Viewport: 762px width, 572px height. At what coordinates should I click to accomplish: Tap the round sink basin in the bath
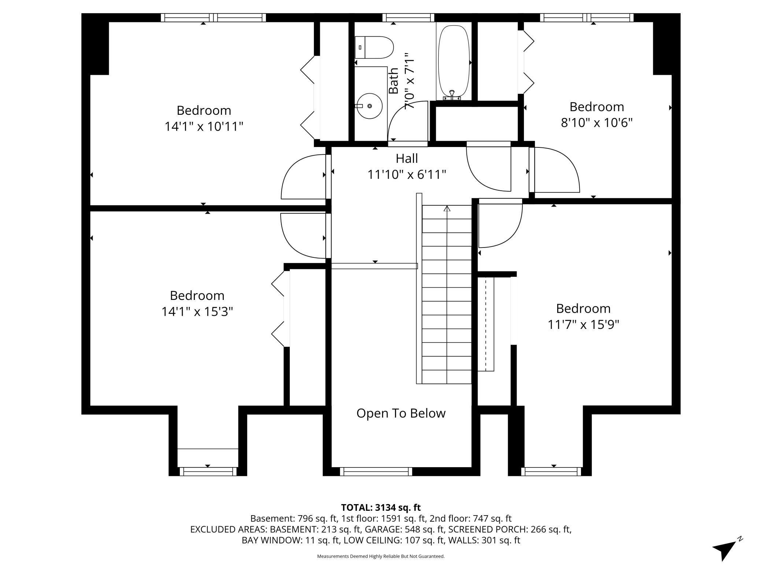pyautogui.click(x=369, y=106)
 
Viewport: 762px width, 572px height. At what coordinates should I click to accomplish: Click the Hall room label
pyautogui.click(x=407, y=159)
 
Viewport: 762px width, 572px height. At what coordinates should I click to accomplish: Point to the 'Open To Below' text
pyautogui.click(x=401, y=413)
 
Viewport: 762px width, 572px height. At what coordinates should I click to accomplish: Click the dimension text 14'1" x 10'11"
pyautogui.click(x=204, y=126)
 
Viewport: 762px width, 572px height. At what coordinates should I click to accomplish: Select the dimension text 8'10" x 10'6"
pyautogui.click(x=597, y=122)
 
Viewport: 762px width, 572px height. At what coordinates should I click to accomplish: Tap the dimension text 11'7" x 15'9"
pyautogui.click(x=583, y=324)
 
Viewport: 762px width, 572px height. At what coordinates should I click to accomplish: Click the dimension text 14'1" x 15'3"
pyautogui.click(x=197, y=312)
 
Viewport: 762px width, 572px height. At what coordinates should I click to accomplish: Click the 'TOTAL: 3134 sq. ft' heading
pyautogui.click(x=381, y=507)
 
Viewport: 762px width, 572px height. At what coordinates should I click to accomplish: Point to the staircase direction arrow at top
pyautogui.click(x=447, y=209)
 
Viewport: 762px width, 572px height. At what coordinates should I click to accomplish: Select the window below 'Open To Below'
pyautogui.click(x=376, y=472)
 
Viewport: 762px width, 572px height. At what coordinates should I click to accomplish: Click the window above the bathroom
pyautogui.click(x=408, y=17)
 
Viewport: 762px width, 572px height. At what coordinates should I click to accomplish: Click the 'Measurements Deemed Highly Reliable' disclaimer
pyautogui.click(x=381, y=556)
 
